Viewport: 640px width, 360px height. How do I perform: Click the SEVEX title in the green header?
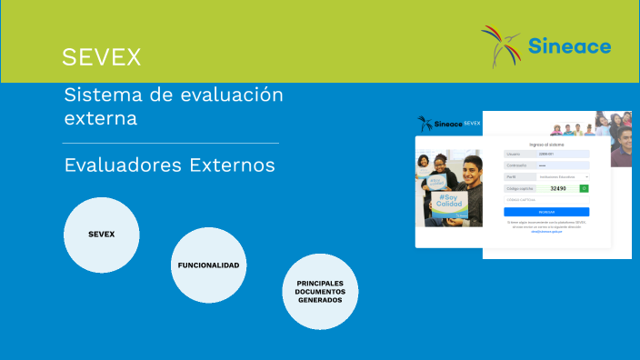(x=101, y=57)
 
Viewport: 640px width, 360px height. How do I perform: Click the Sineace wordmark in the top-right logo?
(x=570, y=45)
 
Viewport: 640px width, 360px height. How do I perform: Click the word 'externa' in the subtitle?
(x=101, y=118)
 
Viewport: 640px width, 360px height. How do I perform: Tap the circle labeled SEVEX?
(x=101, y=235)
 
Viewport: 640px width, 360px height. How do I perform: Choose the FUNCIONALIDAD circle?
(x=208, y=265)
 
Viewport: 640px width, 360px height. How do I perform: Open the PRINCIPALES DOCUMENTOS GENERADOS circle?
(x=320, y=292)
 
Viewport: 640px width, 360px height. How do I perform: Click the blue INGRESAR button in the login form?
(x=546, y=212)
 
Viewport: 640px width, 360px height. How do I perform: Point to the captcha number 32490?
(x=558, y=188)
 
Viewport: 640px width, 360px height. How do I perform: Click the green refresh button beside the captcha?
(x=585, y=188)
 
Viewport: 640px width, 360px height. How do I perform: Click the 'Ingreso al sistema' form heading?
(x=546, y=145)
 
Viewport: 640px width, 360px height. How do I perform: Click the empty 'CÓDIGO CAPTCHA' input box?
(x=546, y=199)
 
